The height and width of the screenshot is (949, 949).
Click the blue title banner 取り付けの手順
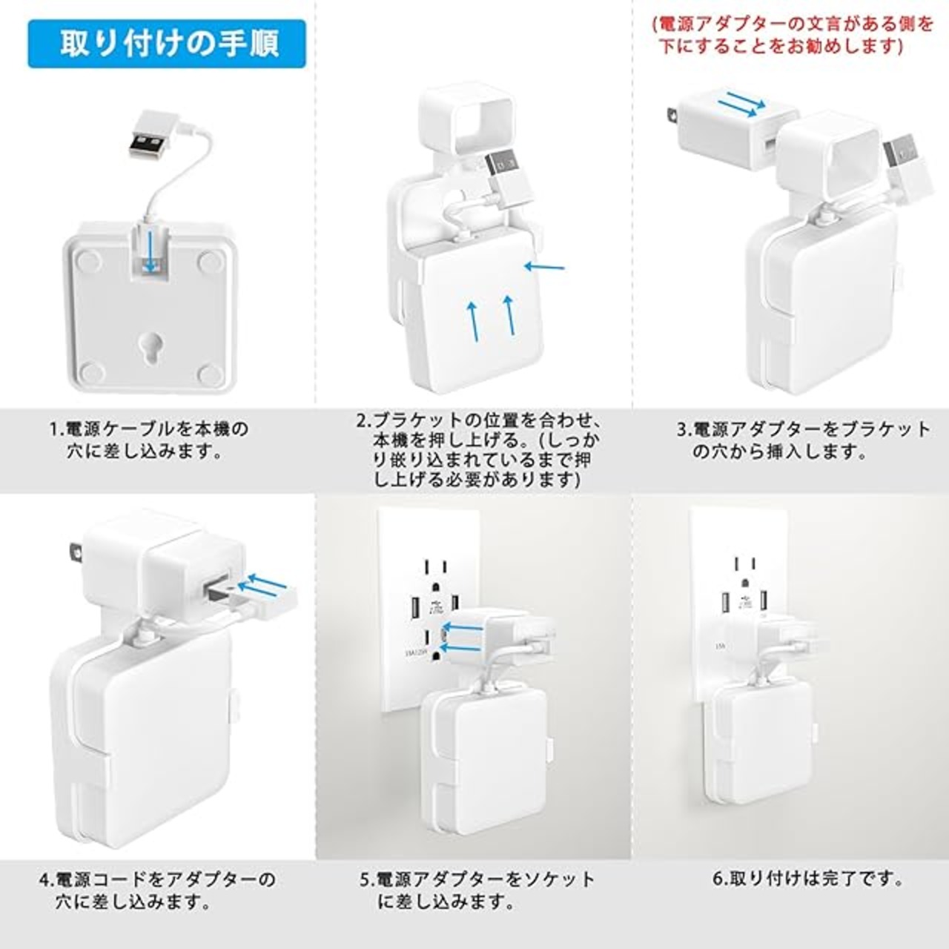167,43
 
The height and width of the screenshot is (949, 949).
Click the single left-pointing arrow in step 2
544,268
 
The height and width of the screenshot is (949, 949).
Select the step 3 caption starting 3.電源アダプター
802,440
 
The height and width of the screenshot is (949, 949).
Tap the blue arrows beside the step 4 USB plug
262,584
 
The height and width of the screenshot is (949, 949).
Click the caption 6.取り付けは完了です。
807,878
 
